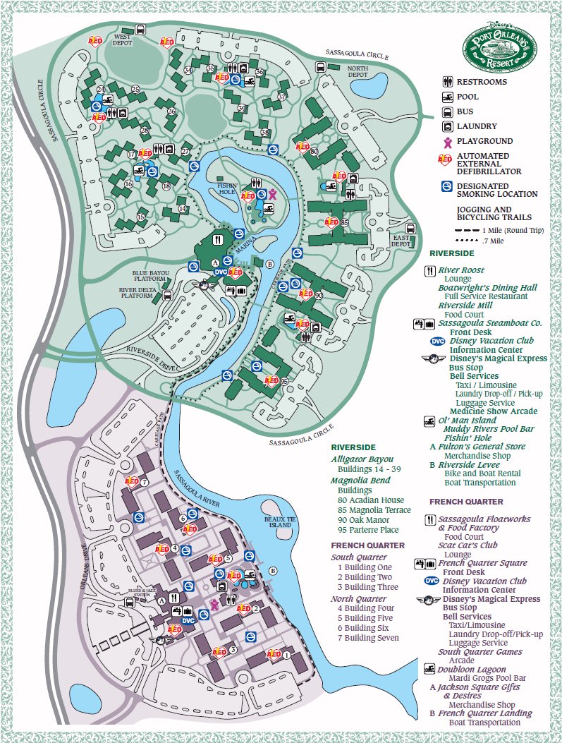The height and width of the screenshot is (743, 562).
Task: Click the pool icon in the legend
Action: (x=447, y=97)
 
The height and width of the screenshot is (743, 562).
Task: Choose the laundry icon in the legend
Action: (x=447, y=126)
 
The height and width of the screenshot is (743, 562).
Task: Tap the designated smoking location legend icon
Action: (x=447, y=186)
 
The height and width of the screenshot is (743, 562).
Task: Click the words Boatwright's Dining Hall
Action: (x=487, y=288)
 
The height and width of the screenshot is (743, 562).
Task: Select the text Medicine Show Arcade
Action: (x=493, y=411)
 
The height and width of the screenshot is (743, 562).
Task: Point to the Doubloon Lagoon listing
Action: (x=472, y=670)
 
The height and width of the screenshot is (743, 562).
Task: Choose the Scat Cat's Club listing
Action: (x=468, y=545)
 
